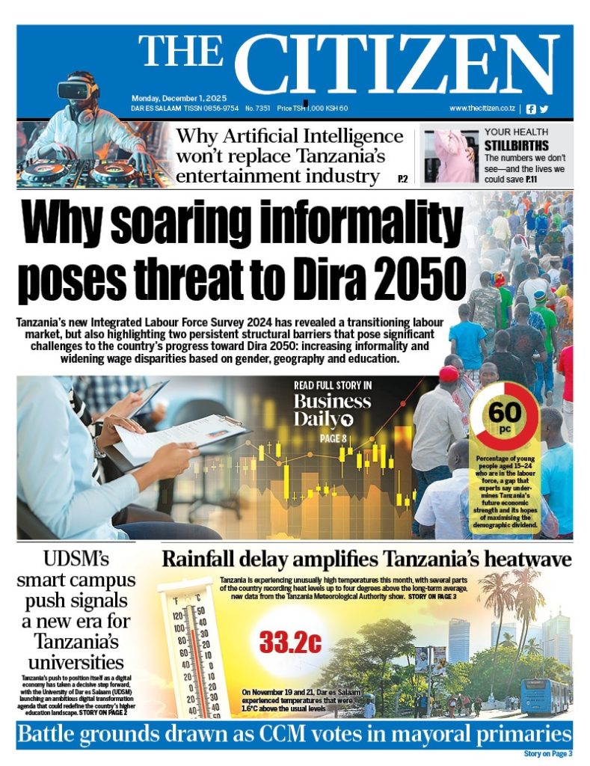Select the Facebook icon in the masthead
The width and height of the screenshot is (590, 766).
click(x=531, y=108)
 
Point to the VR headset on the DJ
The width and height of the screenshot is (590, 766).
click(x=79, y=90)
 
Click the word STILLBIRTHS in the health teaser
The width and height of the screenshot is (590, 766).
click(x=515, y=145)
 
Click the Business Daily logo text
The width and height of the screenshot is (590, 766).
click(x=331, y=410)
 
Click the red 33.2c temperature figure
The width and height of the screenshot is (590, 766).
click(x=289, y=640)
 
